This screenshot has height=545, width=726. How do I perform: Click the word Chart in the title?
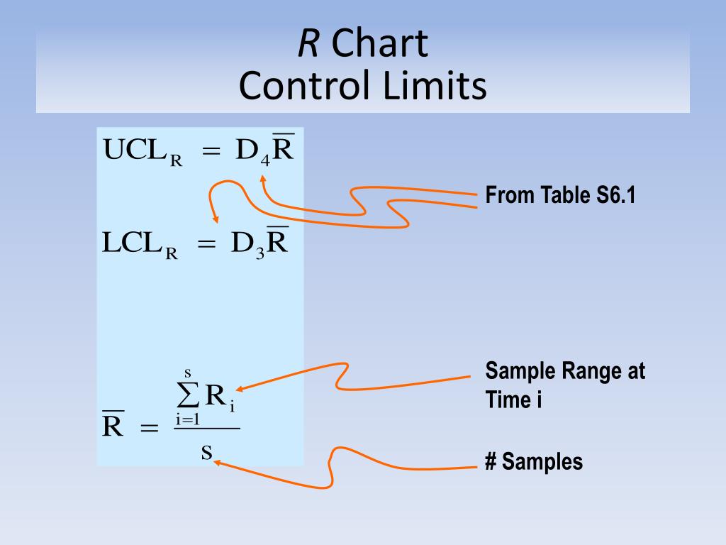coord(379,44)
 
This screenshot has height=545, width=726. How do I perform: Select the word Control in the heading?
coord(310,87)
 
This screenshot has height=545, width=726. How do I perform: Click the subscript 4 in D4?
coord(264,160)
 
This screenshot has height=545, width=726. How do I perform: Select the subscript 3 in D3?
coord(260,253)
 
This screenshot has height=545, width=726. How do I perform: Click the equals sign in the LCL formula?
coord(206,245)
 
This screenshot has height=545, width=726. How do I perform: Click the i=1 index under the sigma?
coord(188,419)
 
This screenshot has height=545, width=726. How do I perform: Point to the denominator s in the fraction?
coord(206,451)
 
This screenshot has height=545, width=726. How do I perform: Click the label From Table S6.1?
coord(560,195)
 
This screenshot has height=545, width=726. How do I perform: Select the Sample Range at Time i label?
coord(565,385)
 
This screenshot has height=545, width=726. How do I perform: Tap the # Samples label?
coord(533,462)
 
